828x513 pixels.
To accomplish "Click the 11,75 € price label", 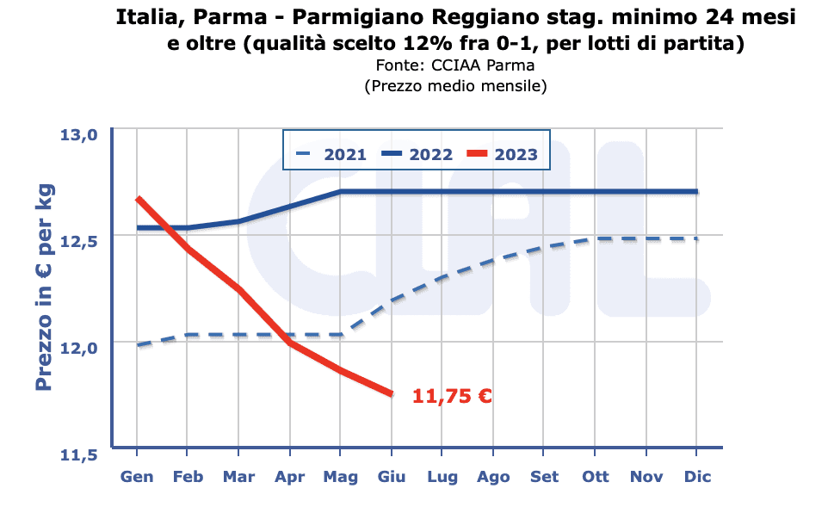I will coord(452,396).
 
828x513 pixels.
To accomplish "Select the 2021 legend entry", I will coord(331,155).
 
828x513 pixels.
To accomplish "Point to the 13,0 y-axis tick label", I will coord(79,133).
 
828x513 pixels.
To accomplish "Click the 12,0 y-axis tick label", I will coord(79,346).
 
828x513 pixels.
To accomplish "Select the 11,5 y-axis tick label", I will coord(79,453).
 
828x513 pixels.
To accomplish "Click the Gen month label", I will coord(137,477).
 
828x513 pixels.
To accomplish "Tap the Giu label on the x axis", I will coord(392,477).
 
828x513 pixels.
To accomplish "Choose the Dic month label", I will coord(697,477).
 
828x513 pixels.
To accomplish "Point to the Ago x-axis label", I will coord(493,477).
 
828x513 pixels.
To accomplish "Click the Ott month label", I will coord(596,477).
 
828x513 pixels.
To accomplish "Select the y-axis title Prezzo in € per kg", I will coord(45,288).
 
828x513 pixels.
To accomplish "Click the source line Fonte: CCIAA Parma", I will coord(455,66).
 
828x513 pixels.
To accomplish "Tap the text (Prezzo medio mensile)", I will coord(455,86).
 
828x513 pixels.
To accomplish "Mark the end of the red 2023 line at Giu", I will coord(392,394).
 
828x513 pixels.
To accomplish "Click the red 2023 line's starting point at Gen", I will coord(138,199).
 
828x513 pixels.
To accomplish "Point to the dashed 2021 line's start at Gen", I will coord(138,345).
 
